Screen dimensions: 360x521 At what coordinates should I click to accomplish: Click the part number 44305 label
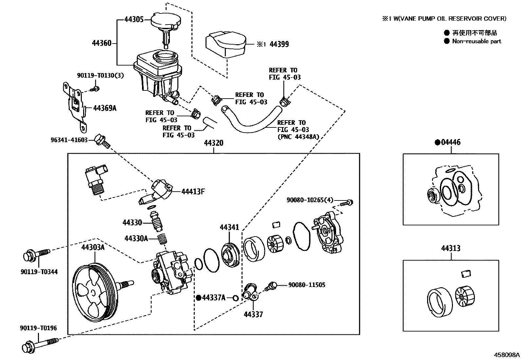pos(134,19)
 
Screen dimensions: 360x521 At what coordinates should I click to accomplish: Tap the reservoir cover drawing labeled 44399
pos(225,45)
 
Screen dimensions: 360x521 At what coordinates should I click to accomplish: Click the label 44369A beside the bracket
pos(105,108)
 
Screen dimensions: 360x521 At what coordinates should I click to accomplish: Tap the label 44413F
pos(193,192)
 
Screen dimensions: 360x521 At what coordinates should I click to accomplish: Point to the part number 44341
pos(229,227)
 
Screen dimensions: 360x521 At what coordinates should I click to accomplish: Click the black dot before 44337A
pos(198,298)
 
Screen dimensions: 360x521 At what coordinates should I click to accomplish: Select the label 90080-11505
pos(307,285)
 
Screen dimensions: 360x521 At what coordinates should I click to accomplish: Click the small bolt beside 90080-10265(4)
pos(347,203)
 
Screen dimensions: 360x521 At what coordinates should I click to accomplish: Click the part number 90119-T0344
pos(38,272)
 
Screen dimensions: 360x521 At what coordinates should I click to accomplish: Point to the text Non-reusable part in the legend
pos(476,41)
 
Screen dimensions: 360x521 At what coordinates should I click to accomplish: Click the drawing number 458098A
pos(507,355)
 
